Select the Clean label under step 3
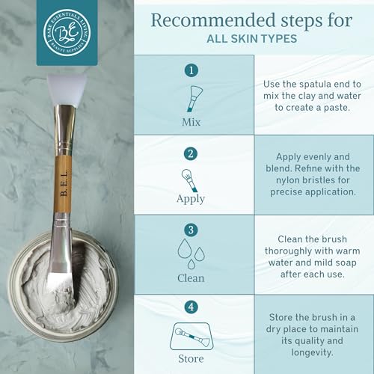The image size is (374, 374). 191,277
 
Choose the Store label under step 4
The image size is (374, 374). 191,356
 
